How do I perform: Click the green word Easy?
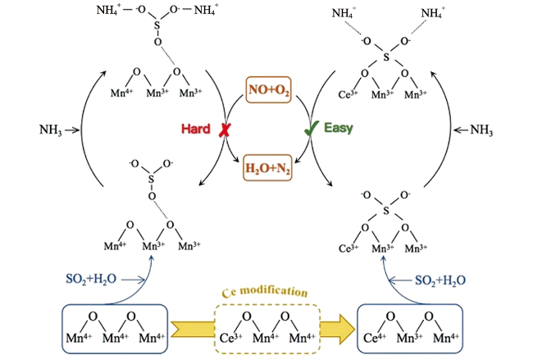click(x=338, y=130)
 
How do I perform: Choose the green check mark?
click(x=311, y=129)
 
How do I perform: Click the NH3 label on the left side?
click(x=54, y=130)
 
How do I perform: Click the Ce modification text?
click(x=266, y=291)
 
